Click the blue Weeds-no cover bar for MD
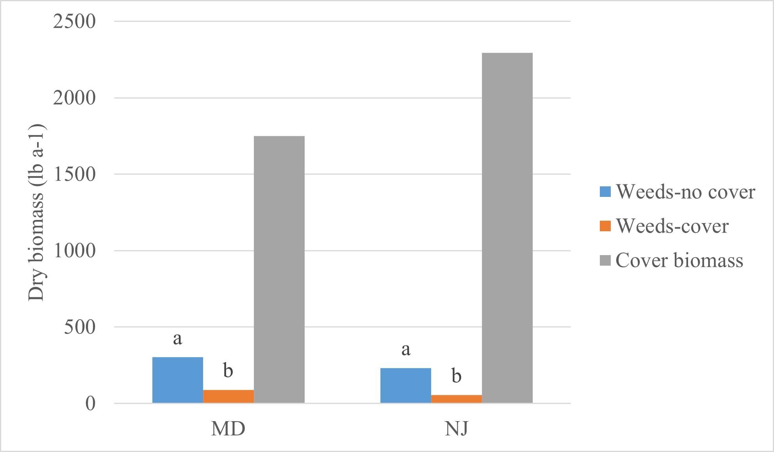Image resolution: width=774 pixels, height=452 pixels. tap(177, 380)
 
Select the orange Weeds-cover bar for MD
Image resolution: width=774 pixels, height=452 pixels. tap(228, 396)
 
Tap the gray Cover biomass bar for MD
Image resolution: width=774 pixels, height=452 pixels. tap(279, 270)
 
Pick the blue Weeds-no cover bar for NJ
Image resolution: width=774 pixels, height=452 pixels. tap(405, 385)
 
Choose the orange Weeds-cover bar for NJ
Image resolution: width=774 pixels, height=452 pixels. tap(456, 399)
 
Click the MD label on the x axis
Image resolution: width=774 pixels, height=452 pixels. tap(228, 429)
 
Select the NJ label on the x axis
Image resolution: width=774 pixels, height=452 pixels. tap(456, 429)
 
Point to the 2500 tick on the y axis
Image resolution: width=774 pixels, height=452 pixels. tap(74, 21)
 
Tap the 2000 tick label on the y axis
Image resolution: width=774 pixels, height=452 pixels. tap(74, 98)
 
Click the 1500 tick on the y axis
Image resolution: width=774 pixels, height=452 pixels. tap(74, 174)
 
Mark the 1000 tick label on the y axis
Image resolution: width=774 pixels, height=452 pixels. tap(74, 250)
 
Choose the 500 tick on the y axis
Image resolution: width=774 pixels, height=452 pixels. tap(80, 327)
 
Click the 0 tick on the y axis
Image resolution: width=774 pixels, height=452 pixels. tap(90, 404)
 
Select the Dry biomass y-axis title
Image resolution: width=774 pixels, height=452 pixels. tap(37, 213)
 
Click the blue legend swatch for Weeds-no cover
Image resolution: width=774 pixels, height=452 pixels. tap(605, 192)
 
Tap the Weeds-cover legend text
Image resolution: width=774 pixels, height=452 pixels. tap(672, 226)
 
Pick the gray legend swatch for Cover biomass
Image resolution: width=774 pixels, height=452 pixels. tap(605, 261)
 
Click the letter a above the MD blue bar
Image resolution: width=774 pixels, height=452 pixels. tap(177, 339)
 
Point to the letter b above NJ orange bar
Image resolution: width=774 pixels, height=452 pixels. tap(456, 376)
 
